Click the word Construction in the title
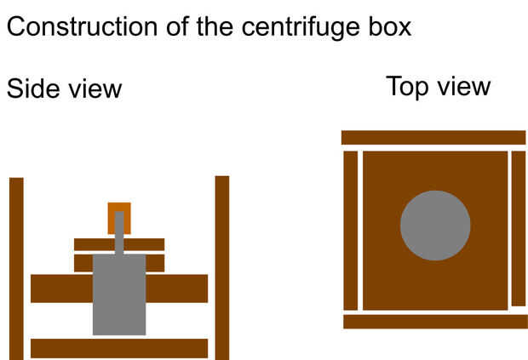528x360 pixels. (82, 26)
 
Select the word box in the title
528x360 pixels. (389, 26)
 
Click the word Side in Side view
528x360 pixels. (33, 89)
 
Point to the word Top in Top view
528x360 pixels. (407, 88)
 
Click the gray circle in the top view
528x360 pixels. (435, 226)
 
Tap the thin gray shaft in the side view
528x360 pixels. (119, 233)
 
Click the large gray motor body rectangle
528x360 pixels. (119, 294)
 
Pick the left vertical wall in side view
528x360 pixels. (16, 268)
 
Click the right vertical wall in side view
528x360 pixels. (222, 268)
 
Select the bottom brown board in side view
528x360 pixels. (119, 348)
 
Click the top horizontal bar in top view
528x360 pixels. (433, 138)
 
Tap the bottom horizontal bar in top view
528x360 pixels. (436, 322)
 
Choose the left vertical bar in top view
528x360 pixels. (351, 231)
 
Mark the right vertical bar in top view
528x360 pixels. (519, 229)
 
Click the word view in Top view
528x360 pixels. (464, 87)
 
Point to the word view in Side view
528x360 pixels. (95, 89)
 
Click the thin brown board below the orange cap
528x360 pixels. (119, 244)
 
